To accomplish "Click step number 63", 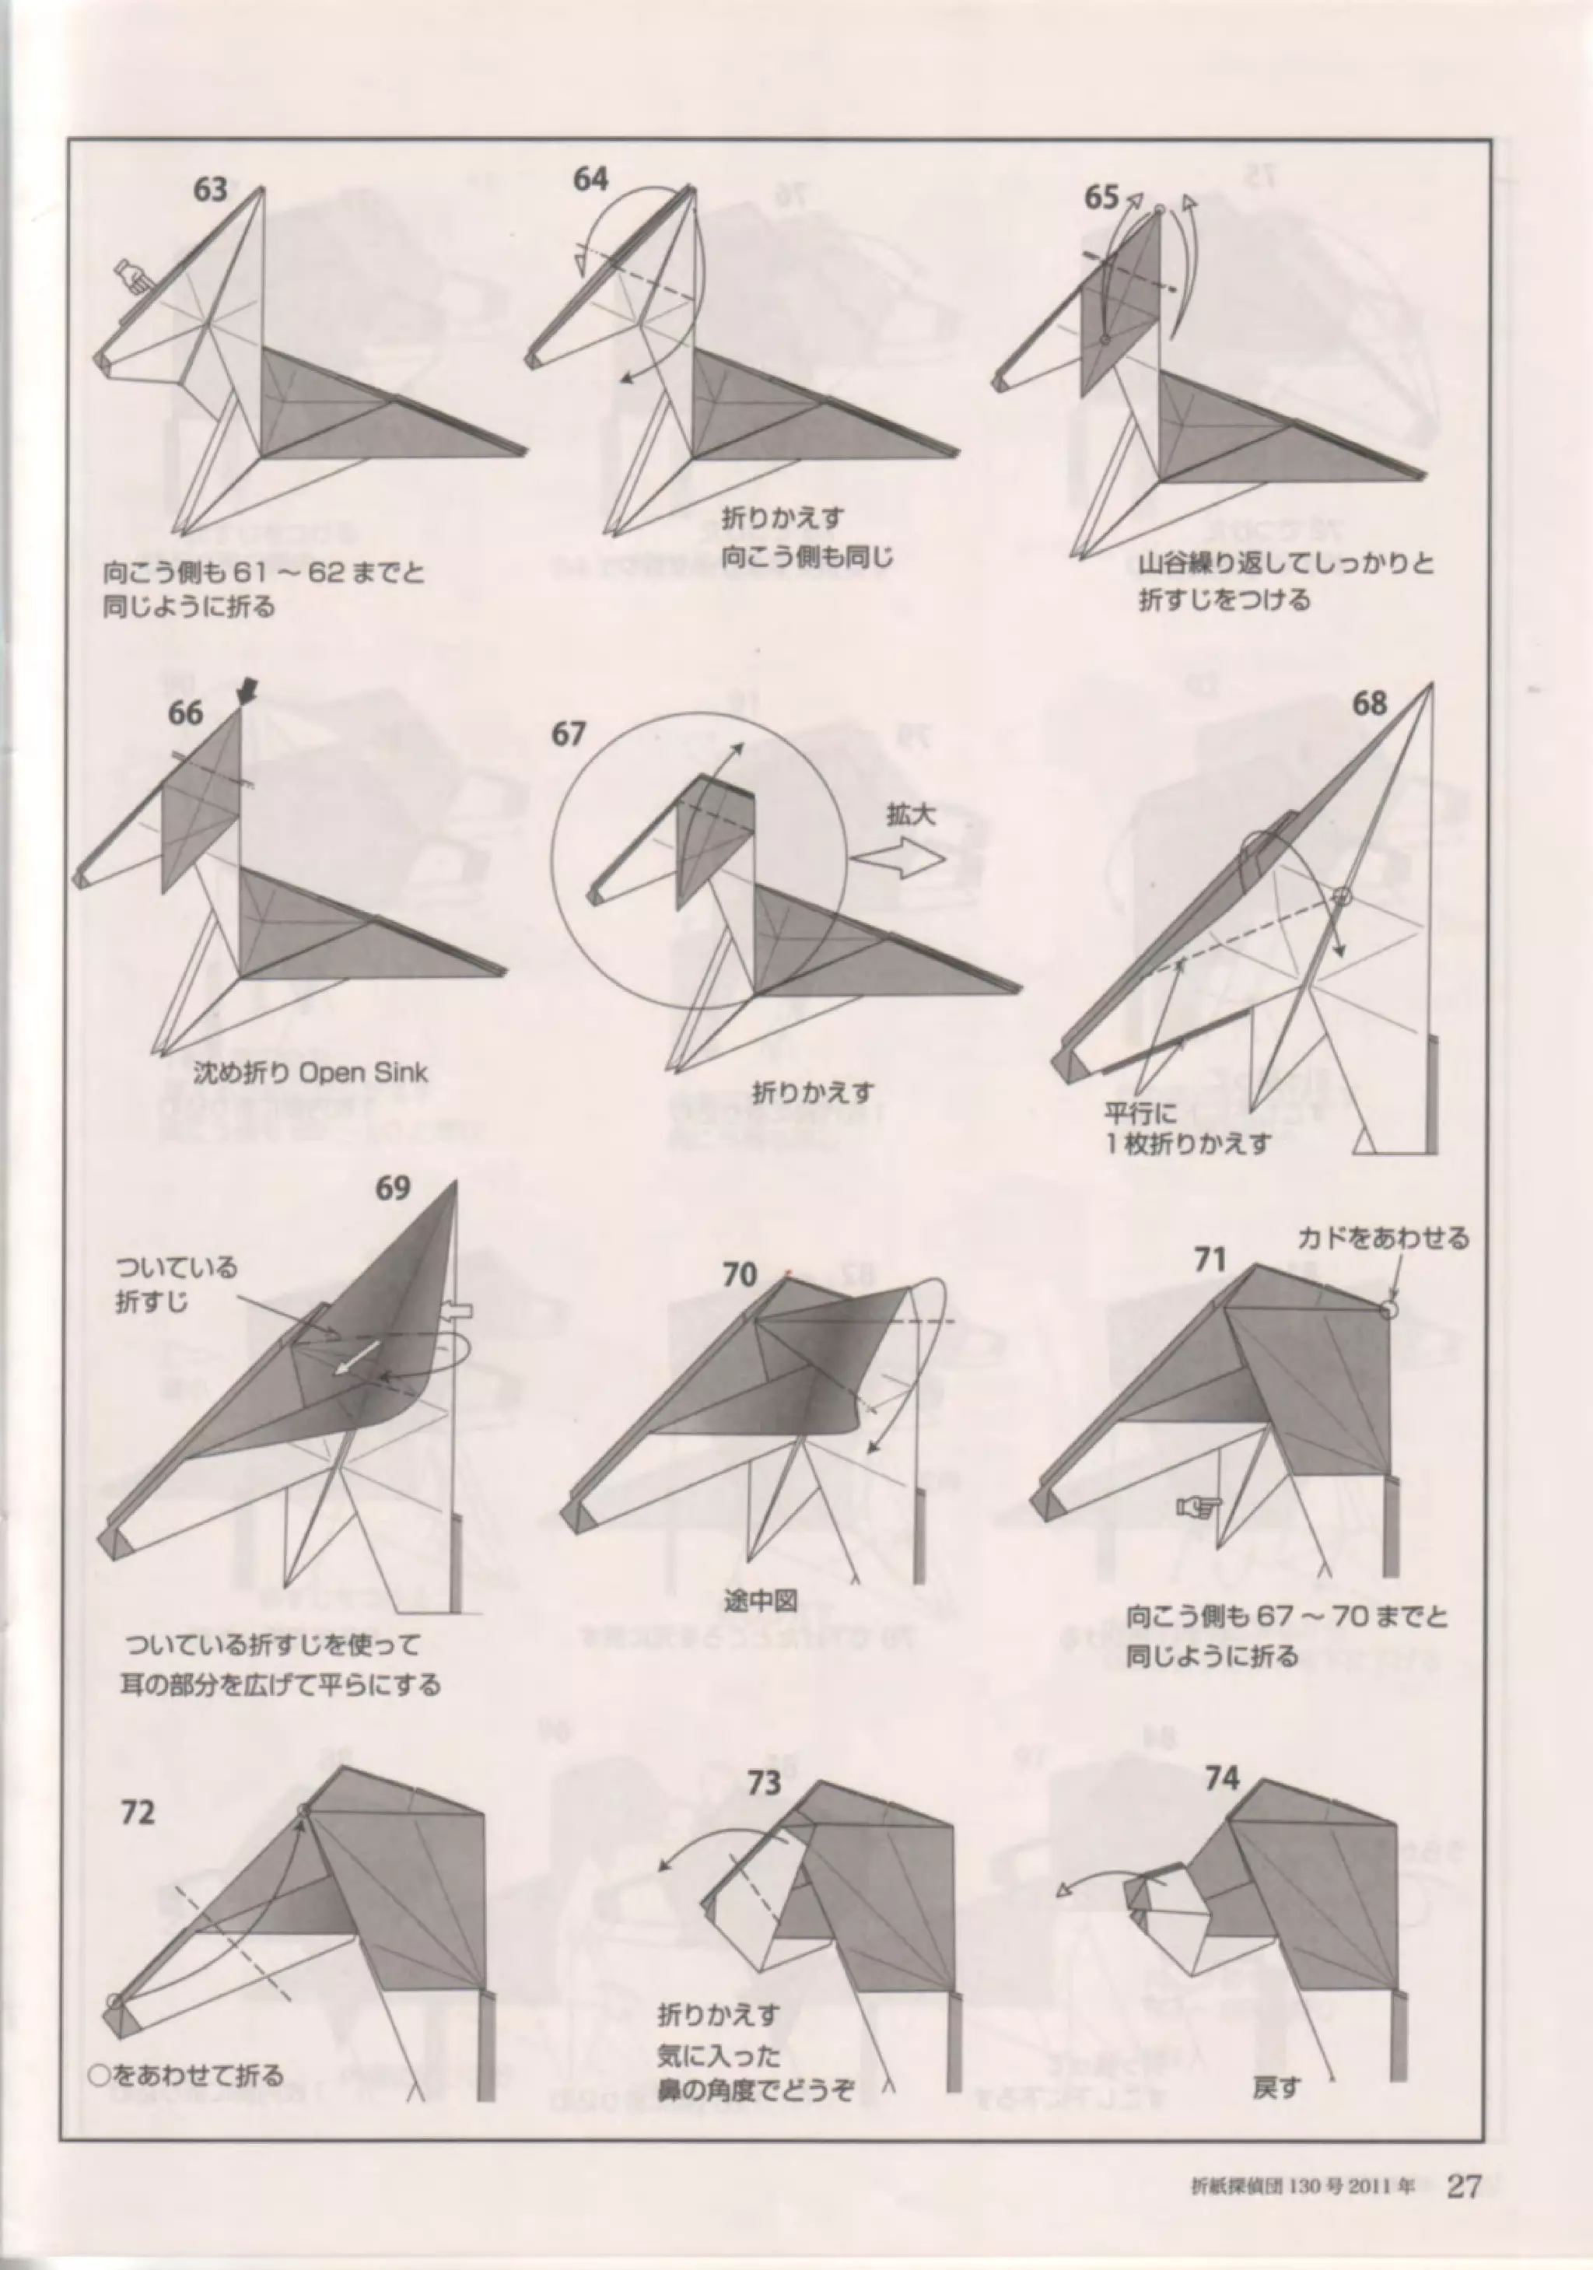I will [210, 189].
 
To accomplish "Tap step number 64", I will [590, 179].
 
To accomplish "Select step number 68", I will [1370, 704].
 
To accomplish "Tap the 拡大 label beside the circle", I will [911, 814].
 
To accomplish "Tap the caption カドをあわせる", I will [1383, 1237].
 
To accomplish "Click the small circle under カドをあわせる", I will [1389, 1309].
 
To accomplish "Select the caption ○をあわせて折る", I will [186, 2047].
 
